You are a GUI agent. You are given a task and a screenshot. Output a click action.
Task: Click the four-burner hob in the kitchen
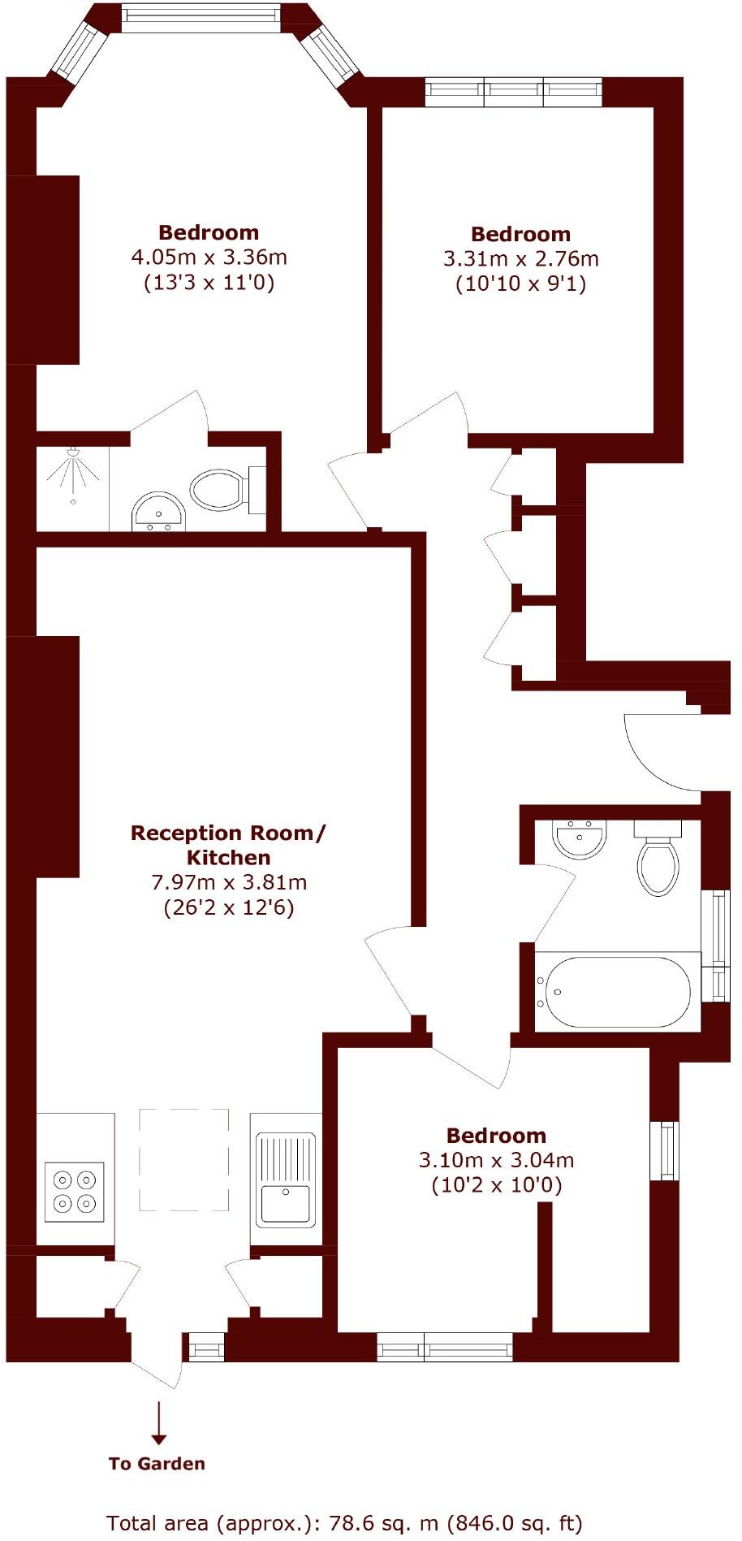point(74,1192)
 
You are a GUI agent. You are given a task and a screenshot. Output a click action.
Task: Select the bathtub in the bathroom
point(618,992)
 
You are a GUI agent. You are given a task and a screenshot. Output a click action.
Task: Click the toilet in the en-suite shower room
point(219,490)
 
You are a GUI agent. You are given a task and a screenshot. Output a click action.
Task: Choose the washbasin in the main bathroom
point(579,839)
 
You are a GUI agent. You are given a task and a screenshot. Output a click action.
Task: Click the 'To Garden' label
point(157,1463)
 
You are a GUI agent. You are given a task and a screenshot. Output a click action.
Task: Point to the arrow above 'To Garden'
point(159,1422)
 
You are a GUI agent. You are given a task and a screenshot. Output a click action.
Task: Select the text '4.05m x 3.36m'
point(209,258)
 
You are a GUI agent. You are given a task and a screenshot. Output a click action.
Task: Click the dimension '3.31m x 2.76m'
point(520,259)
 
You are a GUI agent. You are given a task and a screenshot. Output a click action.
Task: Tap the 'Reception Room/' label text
point(228,833)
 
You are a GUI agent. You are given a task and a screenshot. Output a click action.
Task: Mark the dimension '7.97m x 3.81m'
point(228,881)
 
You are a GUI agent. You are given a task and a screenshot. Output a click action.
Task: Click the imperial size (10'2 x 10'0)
point(496,1184)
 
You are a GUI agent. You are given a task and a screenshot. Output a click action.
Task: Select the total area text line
point(344,1522)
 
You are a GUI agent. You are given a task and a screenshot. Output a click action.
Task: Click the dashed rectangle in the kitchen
point(183,1159)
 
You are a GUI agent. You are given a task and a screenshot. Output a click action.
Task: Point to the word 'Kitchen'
point(228,857)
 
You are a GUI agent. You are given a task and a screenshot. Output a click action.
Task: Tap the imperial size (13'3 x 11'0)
point(209,283)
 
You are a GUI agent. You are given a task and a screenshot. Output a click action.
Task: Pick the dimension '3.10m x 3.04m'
point(496,1160)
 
